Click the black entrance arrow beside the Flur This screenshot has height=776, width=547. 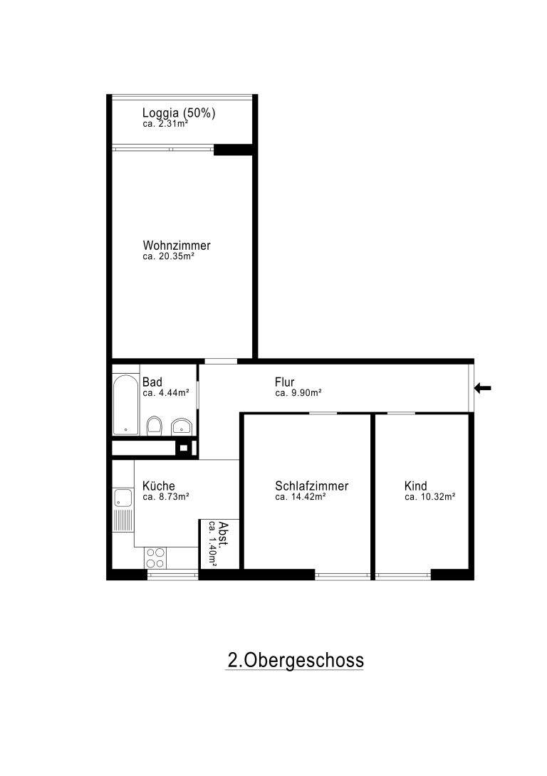(483, 388)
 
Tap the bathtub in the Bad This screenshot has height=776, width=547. (126, 405)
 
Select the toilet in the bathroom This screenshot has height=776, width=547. (155, 426)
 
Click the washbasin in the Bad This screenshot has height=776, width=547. (182, 426)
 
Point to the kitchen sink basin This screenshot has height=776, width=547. (123, 498)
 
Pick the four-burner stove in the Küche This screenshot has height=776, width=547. (155, 557)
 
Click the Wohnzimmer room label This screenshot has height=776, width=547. (177, 245)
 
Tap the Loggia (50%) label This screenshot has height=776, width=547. (179, 112)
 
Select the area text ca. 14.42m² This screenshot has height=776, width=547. (301, 497)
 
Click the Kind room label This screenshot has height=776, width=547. (416, 486)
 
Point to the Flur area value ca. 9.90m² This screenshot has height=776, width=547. (298, 393)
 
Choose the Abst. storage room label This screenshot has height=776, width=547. (223, 534)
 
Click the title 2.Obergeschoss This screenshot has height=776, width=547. (296, 660)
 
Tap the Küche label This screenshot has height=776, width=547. (159, 486)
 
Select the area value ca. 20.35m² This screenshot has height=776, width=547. (168, 256)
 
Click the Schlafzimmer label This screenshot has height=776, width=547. (312, 486)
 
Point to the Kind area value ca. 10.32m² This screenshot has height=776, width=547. (430, 497)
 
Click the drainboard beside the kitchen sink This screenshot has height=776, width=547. (123, 520)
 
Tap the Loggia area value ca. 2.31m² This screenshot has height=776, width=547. (165, 124)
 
